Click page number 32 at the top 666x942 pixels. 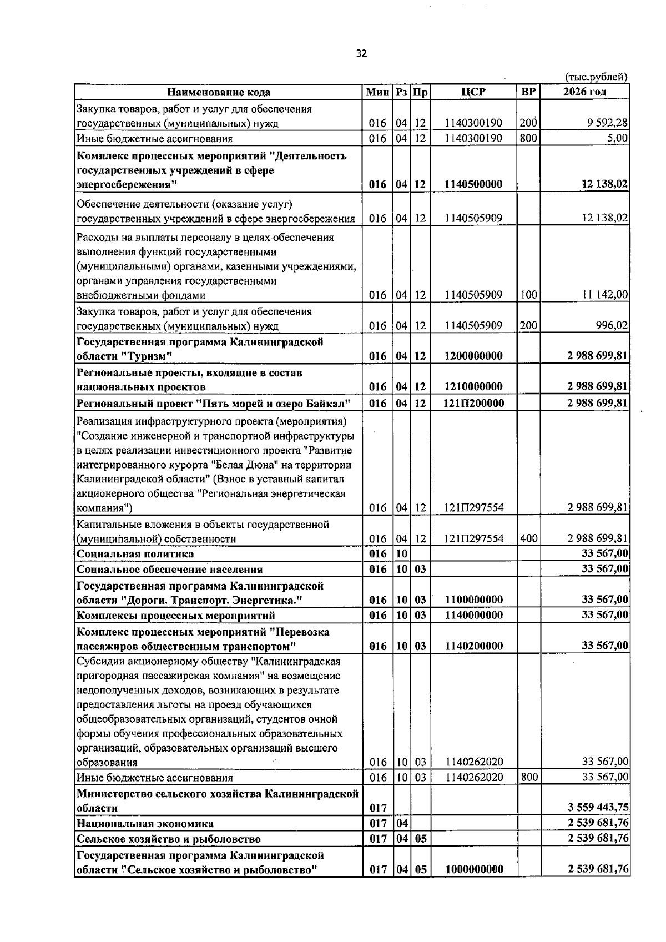[x=361, y=54]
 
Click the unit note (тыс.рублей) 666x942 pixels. [x=596, y=77]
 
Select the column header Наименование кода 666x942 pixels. [x=219, y=92]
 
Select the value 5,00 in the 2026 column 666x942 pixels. [x=617, y=138]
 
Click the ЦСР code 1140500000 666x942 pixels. [x=473, y=184]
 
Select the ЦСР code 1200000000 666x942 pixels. [x=473, y=356]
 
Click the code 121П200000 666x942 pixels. [x=473, y=403]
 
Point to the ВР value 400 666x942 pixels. [x=529, y=538]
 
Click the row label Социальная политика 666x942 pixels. [x=135, y=554]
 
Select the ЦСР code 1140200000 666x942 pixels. [x=473, y=646]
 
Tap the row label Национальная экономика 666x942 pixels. [x=145, y=823]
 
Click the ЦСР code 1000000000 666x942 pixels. [x=473, y=869]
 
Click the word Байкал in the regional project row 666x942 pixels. [x=330, y=403]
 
